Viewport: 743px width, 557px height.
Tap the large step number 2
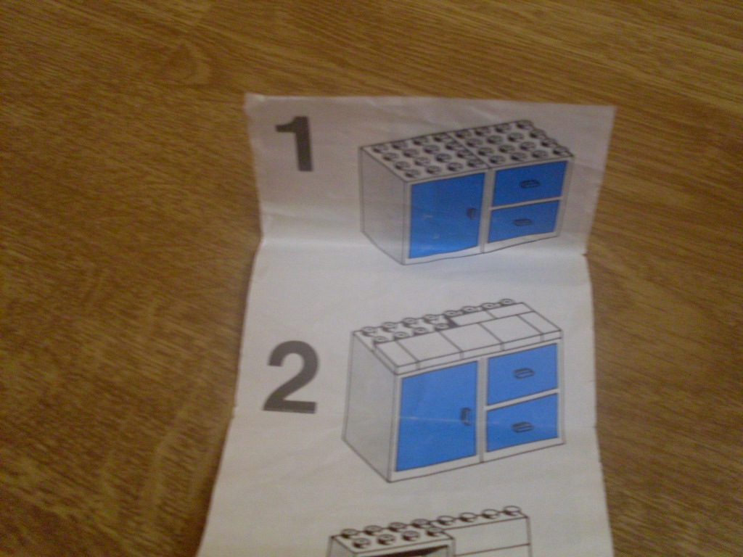tap(291, 377)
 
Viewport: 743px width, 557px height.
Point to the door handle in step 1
tap(471, 214)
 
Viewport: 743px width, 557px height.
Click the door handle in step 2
tap(466, 416)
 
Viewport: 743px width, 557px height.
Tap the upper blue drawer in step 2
tap(521, 374)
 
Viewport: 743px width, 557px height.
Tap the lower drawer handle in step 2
tap(521, 427)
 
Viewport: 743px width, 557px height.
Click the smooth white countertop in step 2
tap(469, 337)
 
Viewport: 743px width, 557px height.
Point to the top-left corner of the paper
tap(246, 95)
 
